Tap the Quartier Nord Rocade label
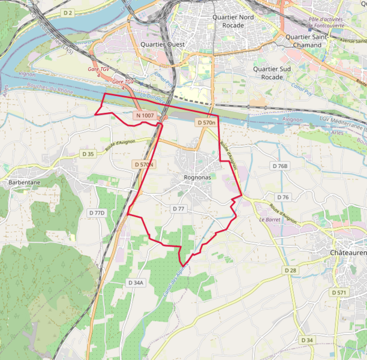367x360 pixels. [233, 21]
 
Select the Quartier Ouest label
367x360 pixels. [163, 44]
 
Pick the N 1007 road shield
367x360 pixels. [145, 115]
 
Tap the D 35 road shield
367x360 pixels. [88, 154]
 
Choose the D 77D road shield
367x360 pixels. [97, 212]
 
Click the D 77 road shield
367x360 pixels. [179, 209]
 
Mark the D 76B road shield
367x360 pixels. [280, 166]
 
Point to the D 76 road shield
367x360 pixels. [283, 197]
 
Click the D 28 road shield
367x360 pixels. [291, 271]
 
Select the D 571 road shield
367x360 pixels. [339, 292]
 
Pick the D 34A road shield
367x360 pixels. [136, 282]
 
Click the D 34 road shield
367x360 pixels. [307, 340]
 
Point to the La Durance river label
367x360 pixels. [152, 96]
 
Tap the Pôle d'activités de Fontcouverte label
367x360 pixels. [329, 23]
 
